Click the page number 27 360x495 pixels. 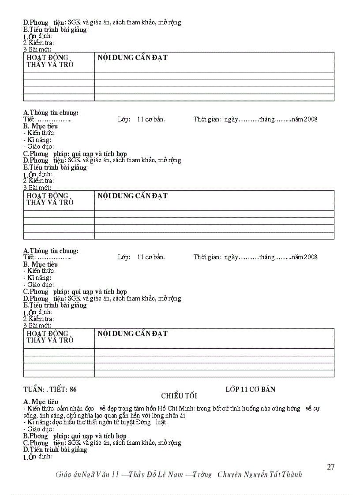[331, 467]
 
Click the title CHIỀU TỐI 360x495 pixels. [179, 396]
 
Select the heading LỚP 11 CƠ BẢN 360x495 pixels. [250, 389]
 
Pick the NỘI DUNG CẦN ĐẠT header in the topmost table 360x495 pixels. [132, 58]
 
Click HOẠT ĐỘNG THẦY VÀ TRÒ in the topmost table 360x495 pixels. [49, 61]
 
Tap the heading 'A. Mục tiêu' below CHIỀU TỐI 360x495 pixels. [41, 402]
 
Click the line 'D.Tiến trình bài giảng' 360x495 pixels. [56, 450]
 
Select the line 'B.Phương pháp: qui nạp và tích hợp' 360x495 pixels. [75, 436]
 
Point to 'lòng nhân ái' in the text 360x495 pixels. [172, 415]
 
